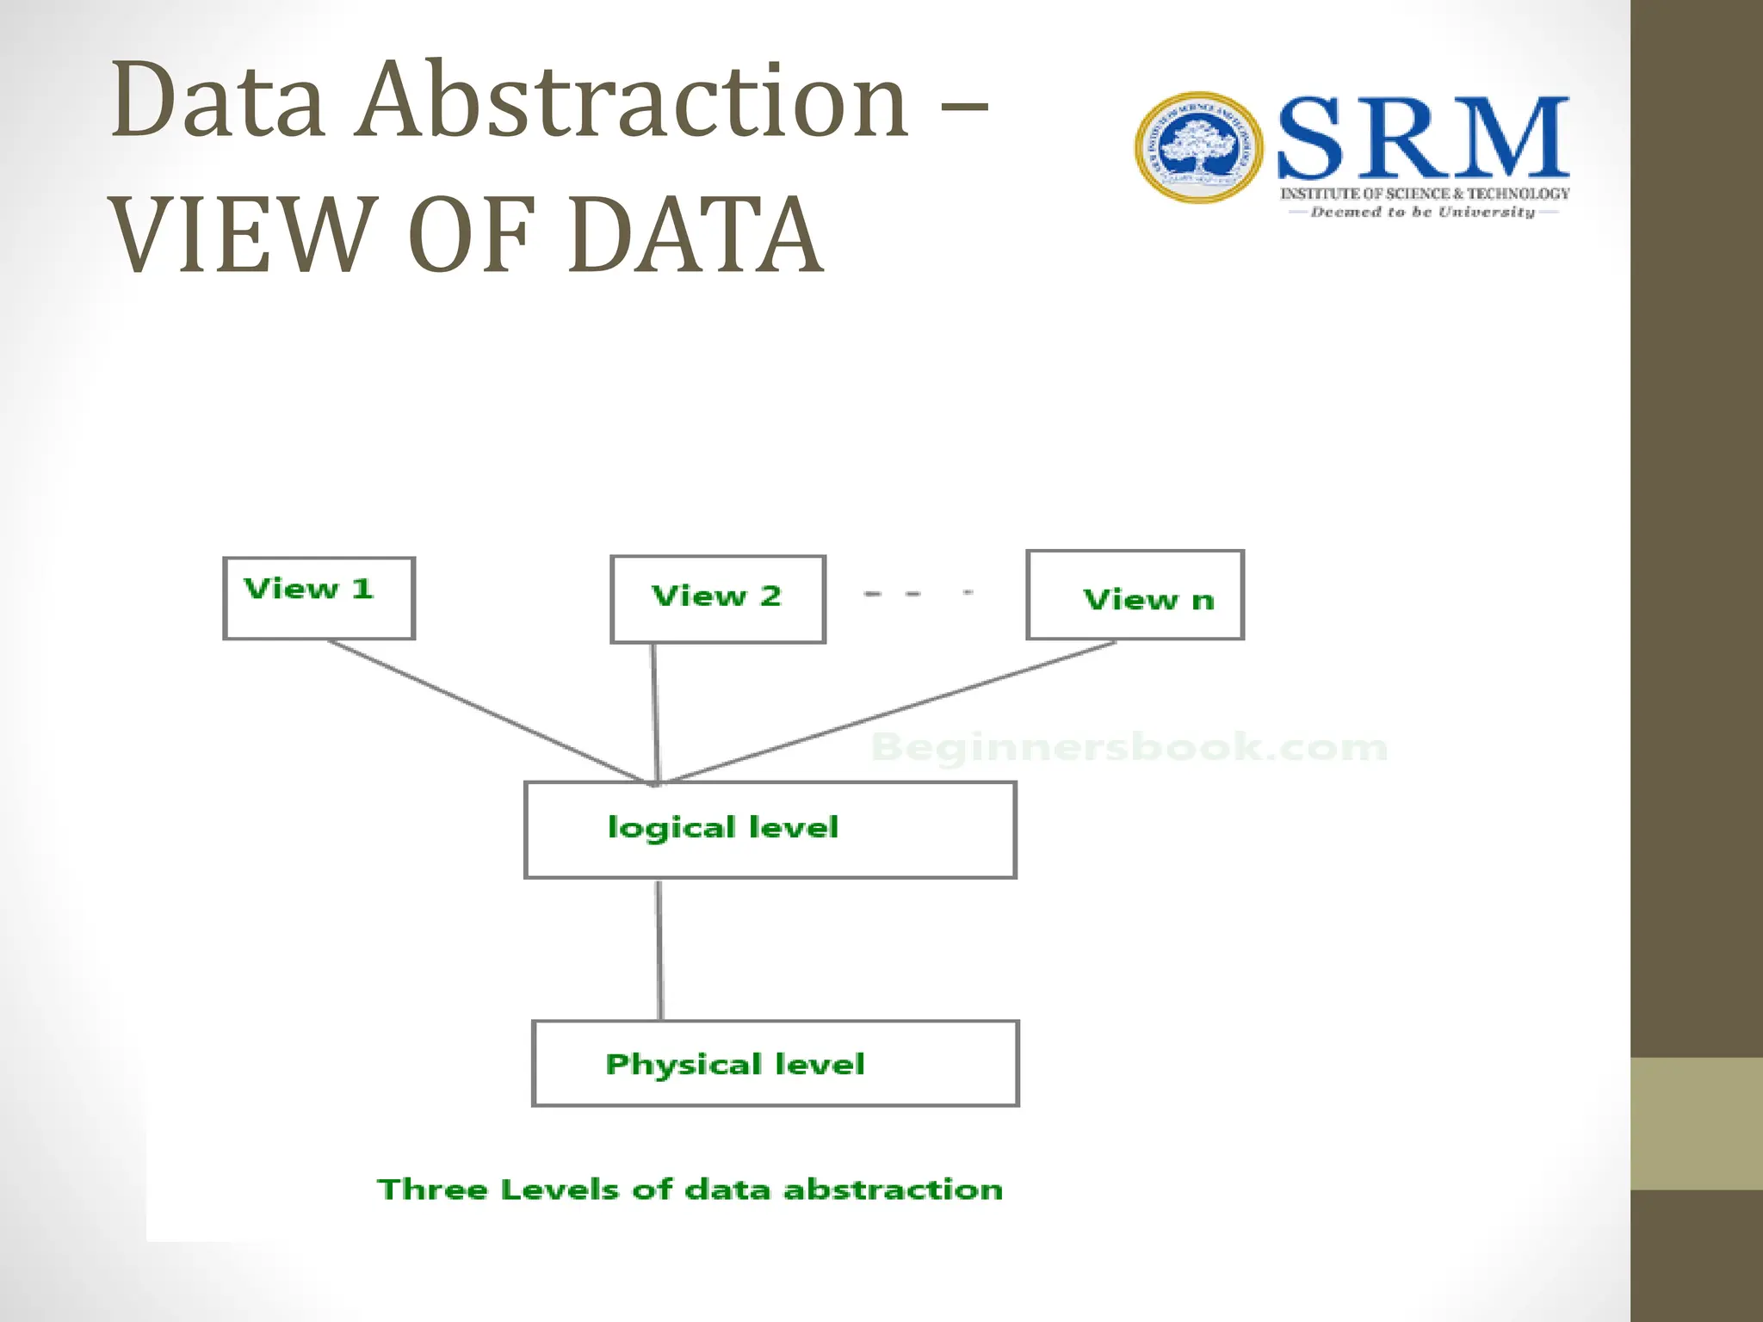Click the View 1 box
(x=319, y=598)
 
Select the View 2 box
(x=718, y=599)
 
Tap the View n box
(x=1135, y=596)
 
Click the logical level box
(x=770, y=830)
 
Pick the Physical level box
(x=775, y=1064)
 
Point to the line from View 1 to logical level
(x=486, y=712)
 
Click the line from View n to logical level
(x=887, y=714)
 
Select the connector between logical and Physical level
(x=659, y=948)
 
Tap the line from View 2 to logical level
(x=655, y=713)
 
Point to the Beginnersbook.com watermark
(x=1129, y=747)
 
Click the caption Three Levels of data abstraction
(x=690, y=1189)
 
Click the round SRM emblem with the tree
(x=1198, y=148)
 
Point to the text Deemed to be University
(x=1422, y=212)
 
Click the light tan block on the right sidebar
(x=1696, y=1123)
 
